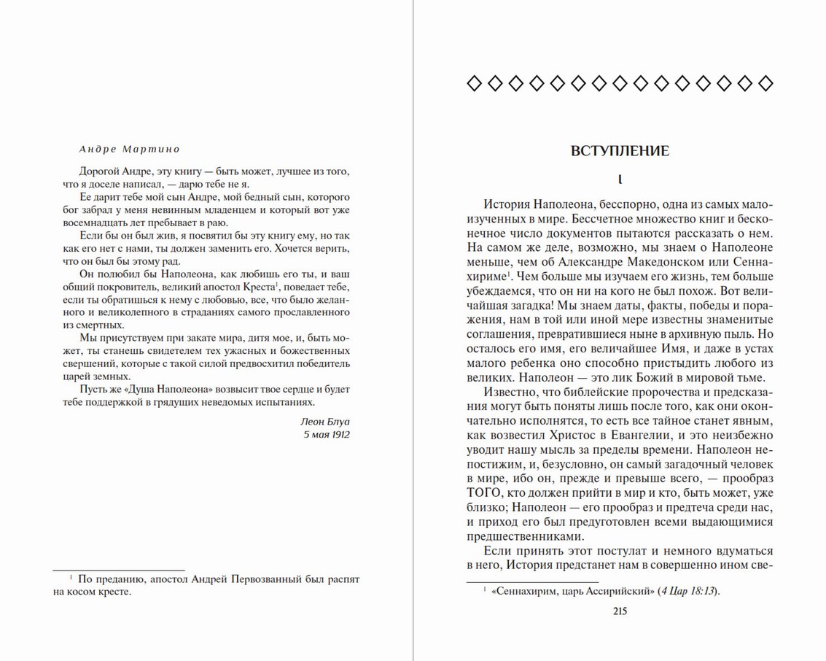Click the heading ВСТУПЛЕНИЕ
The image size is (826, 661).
[620, 151]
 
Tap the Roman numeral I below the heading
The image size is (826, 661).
[620, 179]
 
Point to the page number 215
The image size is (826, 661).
[620, 611]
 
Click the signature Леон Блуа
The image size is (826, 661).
[324, 421]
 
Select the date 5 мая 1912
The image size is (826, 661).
[327, 434]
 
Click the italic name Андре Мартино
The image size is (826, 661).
[130, 148]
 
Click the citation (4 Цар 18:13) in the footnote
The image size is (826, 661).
[688, 592]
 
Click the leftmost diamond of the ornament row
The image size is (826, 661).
[474, 84]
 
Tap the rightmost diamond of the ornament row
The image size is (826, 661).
[765, 84]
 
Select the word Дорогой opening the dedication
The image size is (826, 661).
[99, 172]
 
